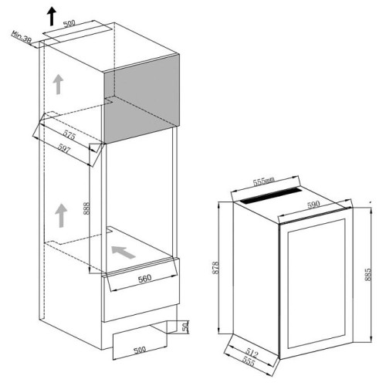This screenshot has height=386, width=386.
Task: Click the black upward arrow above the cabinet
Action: click(x=52, y=13)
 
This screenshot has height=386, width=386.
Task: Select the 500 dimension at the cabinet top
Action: click(x=69, y=24)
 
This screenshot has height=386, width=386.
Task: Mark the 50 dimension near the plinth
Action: click(x=185, y=327)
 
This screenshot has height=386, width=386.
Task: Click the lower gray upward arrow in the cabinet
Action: click(x=59, y=215)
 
